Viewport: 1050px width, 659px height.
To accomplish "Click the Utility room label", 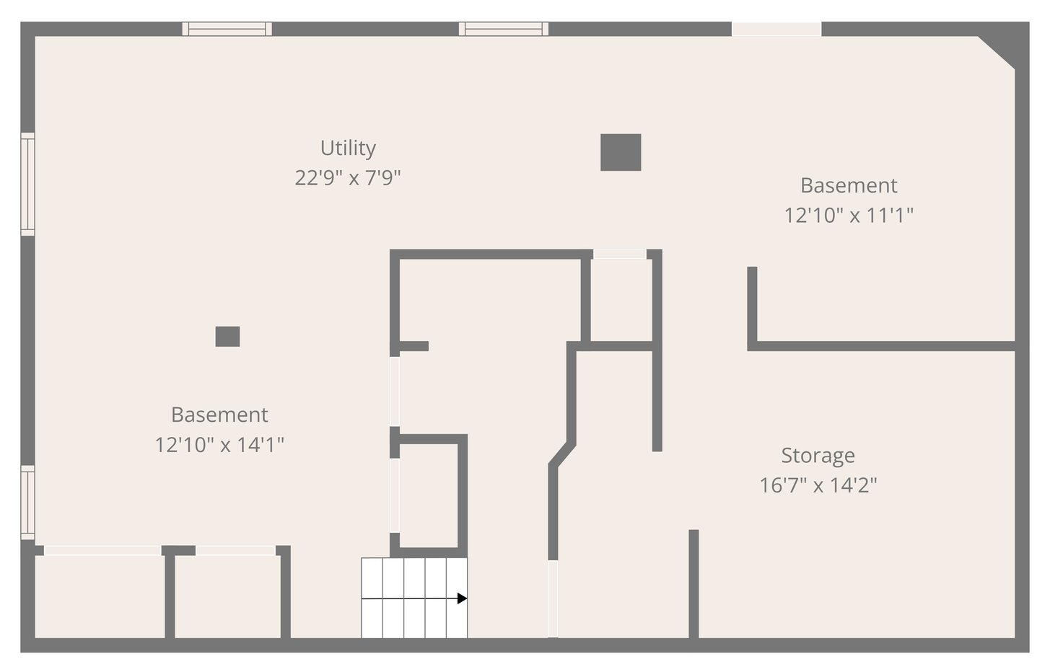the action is pos(348,148).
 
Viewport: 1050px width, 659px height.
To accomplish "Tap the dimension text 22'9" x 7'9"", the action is pos(348,178).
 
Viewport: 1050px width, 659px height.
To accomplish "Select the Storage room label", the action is pos(818,455).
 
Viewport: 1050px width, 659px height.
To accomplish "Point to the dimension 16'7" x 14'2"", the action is pos(818,485).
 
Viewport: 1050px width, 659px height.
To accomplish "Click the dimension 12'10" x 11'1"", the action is pos(849,216).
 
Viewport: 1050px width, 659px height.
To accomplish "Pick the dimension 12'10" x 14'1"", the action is pos(219,444).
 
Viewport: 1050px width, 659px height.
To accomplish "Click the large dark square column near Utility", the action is pos(621,152).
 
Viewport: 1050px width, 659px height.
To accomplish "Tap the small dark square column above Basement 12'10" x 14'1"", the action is pos(227,336).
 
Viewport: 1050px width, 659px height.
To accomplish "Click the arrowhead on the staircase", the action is pos(462,598).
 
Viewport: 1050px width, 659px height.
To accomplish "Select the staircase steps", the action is pos(414,598).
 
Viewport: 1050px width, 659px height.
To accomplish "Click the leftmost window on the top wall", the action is pos(227,29).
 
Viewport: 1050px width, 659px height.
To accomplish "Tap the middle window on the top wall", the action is pos(504,29).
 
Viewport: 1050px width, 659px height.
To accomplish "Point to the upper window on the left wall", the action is pos(27,184).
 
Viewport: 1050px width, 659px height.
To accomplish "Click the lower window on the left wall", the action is pos(27,502).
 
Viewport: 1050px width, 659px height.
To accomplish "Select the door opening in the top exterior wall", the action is pos(776,29).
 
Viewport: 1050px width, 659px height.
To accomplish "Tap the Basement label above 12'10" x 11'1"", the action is pos(849,185).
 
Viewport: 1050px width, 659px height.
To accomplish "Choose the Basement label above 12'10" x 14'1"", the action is pos(219,415).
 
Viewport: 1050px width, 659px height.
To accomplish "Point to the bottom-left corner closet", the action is pos(100,597).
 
